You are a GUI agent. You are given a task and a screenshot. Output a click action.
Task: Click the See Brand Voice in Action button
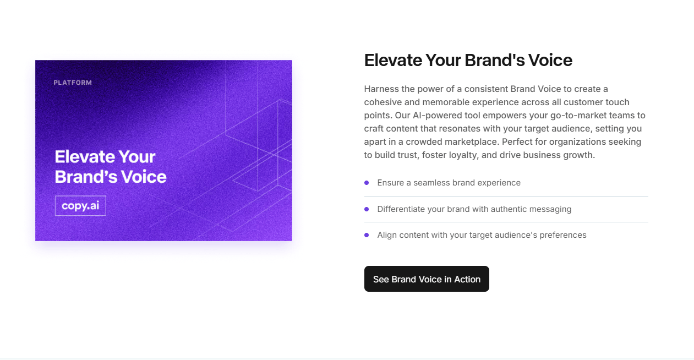tap(427, 279)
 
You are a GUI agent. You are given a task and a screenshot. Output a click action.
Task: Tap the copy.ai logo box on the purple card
tap(80, 206)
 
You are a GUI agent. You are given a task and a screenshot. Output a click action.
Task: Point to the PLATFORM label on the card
tap(73, 83)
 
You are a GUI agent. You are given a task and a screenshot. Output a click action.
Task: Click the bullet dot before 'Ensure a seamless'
tap(367, 183)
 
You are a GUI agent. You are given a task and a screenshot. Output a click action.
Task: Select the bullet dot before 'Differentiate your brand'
tap(367, 209)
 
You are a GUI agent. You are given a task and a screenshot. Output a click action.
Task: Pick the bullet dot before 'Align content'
tap(367, 235)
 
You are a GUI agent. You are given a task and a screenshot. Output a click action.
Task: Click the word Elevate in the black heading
tap(393, 60)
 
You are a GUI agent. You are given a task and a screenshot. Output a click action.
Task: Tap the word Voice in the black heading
tap(550, 60)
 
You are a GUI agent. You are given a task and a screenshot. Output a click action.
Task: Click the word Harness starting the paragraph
tap(381, 89)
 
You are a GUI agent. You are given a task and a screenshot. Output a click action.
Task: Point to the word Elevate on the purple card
tap(85, 157)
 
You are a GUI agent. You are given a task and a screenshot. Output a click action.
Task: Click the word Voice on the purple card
tap(144, 177)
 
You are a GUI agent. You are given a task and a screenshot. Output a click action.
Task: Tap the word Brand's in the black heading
tap(495, 60)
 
